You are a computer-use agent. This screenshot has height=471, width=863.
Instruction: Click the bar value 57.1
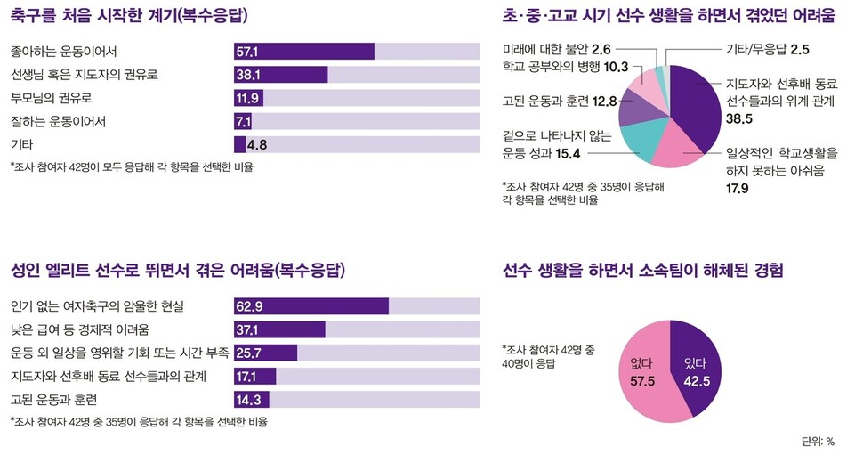point(247,51)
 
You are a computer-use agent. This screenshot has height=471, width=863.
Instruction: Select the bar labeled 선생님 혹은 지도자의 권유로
point(280,75)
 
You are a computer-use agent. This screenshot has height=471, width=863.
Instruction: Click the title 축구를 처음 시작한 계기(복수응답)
point(129,17)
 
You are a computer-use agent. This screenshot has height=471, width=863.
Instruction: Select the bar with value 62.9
point(311,306)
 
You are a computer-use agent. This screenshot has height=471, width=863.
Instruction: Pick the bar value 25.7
point(249,353)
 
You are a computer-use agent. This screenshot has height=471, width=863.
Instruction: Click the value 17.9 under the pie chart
point(737,188)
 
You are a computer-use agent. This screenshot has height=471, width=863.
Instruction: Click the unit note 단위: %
point(818,441)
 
